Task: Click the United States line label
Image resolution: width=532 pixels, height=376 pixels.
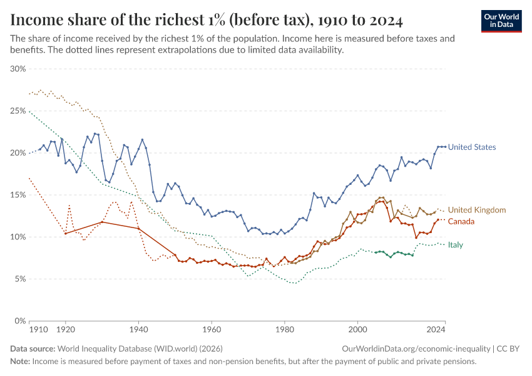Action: point(471,147)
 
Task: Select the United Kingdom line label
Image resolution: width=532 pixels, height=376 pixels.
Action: point(476,210)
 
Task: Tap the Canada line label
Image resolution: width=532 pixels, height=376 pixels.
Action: point(461,221)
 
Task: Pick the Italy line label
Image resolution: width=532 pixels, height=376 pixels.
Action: point(455,244)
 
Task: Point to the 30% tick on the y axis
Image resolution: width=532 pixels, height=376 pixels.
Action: point(18,69)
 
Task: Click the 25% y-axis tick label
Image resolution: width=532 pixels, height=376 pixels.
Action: point(18,111)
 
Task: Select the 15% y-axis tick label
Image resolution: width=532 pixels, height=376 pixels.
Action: point(18,195)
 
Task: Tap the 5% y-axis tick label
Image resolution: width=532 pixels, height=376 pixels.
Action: point(20,279)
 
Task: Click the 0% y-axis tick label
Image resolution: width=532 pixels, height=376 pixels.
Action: point(20,321)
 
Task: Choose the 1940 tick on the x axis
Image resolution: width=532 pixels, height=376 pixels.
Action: point(138,328)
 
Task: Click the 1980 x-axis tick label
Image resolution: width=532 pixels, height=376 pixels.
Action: point(285,328)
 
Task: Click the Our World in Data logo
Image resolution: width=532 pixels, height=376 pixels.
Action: point(501,21)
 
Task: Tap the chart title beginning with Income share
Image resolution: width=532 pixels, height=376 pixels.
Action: point(207,20)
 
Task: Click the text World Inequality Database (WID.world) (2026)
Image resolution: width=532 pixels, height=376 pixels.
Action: point(140,348)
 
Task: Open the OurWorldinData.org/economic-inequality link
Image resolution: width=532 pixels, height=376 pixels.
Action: point(416,348)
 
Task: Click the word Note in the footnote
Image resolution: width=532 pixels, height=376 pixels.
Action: point(19,361)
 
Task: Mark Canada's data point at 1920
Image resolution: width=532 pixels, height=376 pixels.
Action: point(65,233)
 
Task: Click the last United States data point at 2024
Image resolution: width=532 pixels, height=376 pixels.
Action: point(445,147)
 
